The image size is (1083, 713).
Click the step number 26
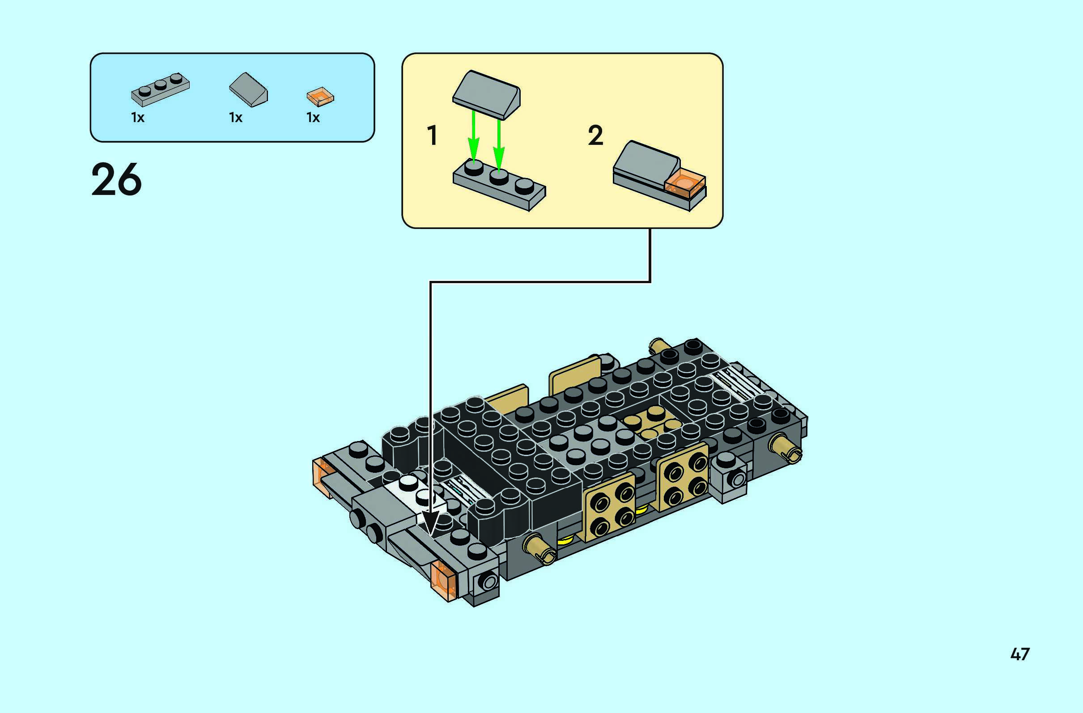tap(116, 180)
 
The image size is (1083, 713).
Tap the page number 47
tap(1020, 654)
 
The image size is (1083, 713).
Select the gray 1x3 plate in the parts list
tap(160, 89)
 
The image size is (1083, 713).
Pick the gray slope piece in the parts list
tap(248, 89)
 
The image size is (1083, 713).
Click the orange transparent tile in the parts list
tap(320, 97)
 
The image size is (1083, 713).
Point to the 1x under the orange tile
tap(313, 117)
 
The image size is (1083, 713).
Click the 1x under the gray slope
tap(236, 117)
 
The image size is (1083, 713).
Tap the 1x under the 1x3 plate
tap(138, 117)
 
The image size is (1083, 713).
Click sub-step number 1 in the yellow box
tap(433, 135)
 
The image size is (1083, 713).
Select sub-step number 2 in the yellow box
tap(596, 135)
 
